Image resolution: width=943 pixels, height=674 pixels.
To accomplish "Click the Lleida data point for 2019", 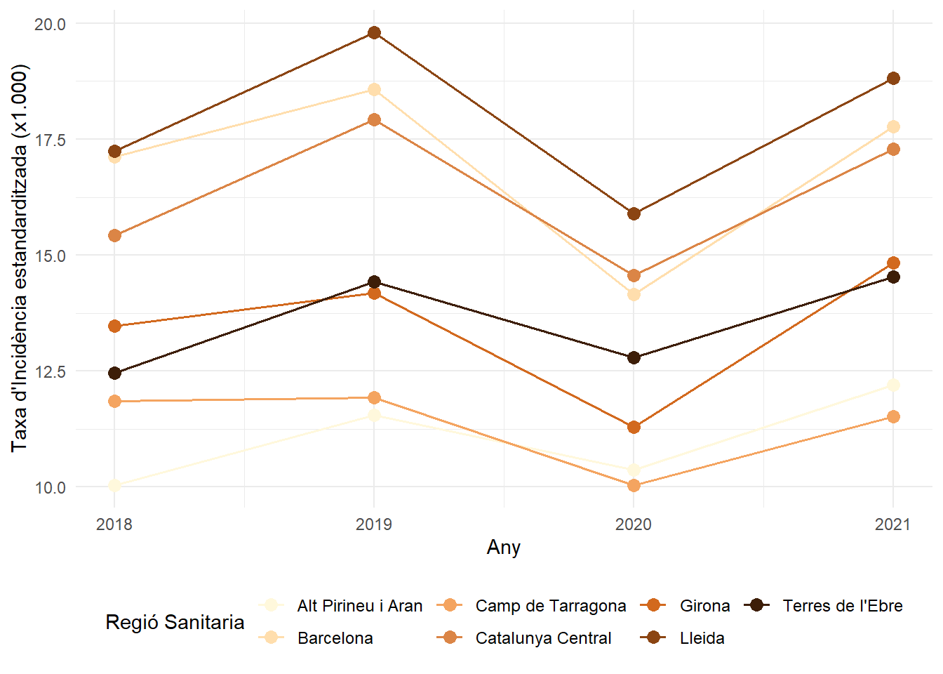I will pos(374,33).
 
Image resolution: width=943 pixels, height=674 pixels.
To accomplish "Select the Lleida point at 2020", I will pos(634,213).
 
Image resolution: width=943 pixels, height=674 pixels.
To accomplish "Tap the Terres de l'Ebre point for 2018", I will pos(114,373).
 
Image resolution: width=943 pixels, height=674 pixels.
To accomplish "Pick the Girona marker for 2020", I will pos(634,427).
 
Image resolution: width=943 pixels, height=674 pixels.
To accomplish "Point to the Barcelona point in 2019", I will pos(374,90).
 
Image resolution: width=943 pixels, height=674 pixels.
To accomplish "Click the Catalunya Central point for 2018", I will pos(114,235).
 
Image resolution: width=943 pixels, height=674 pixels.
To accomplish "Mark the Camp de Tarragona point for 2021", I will pos(893,417).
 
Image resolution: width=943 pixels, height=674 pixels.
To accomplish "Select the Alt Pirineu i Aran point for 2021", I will pos(893,385).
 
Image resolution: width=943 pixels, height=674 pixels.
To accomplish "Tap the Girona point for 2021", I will pos(893,263).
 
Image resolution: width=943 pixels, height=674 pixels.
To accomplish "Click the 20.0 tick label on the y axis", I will pos(50,24).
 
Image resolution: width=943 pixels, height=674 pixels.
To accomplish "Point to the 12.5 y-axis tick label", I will pos(50,371).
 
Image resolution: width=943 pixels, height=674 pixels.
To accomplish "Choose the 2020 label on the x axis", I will pos(634,524).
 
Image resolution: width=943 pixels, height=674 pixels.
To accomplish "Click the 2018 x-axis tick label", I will pos(114,524).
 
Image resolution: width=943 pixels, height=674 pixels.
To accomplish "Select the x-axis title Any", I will pos(504,548).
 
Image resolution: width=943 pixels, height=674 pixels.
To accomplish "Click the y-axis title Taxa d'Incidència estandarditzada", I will pos(20,258).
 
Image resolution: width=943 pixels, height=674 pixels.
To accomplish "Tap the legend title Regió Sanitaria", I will pos(175,622).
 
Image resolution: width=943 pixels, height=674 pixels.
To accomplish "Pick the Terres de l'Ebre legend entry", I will pos(842,606).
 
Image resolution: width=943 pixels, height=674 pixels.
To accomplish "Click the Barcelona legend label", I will pos(335,638).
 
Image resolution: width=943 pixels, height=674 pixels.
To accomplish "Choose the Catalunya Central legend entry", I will pos(543,638).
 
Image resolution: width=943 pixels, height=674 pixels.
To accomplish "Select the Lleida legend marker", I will pos(654,638).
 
